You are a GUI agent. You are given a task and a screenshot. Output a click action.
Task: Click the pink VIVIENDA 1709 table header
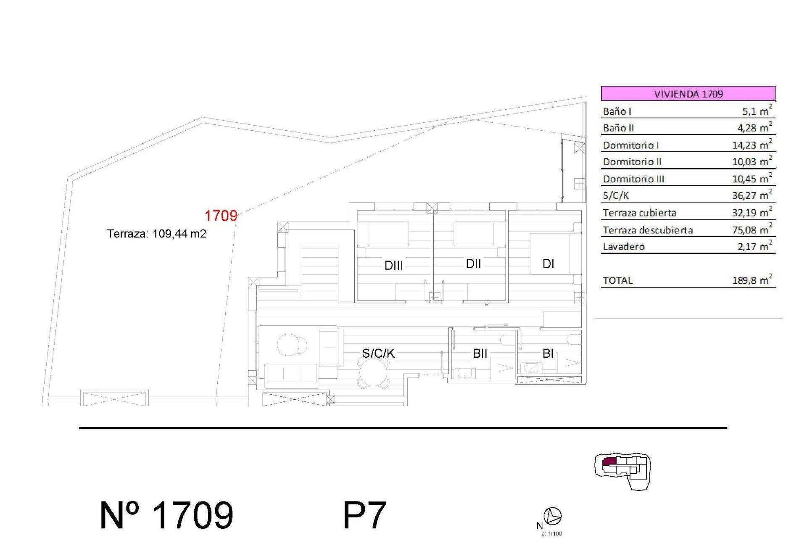688,93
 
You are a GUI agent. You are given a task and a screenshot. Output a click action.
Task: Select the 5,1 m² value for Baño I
757,111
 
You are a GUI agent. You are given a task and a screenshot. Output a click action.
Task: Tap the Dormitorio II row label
632,162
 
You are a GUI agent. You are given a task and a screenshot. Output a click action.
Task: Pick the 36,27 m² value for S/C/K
752,195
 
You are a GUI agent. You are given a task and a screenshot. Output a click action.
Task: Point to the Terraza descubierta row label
648,230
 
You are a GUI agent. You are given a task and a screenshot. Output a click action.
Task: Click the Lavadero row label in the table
624,247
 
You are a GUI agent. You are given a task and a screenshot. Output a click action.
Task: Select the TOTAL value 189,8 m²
752,280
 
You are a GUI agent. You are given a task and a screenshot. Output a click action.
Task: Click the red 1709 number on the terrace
221,216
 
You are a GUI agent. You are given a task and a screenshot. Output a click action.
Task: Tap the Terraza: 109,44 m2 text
156,234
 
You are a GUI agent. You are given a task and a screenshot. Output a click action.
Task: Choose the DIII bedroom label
394,266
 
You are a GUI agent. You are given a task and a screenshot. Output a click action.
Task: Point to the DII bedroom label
473,264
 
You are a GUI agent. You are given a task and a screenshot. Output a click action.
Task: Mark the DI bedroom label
548,264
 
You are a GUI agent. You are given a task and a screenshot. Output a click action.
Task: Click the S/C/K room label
378,353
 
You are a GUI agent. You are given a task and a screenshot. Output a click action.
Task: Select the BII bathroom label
480,353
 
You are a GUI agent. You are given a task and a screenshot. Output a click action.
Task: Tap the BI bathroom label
548,353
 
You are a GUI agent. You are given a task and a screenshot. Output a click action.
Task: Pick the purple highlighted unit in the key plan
609,462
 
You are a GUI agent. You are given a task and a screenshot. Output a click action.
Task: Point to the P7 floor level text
364,515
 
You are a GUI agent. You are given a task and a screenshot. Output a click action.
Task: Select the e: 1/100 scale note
551,534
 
